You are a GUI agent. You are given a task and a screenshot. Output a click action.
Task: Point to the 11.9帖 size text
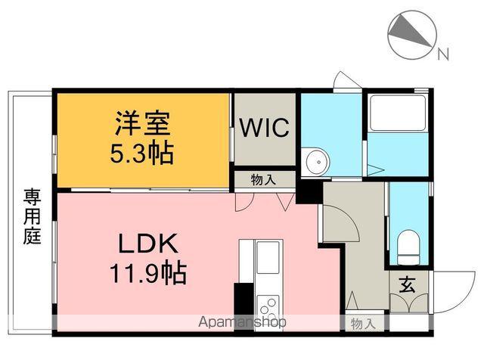[149, 272]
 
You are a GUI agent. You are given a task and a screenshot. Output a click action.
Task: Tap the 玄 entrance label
[408, 285]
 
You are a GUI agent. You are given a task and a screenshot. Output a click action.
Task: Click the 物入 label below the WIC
[263, 179]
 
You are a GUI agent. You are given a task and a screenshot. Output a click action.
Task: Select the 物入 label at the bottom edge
[362, 324]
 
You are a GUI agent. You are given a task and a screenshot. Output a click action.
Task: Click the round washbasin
[316, 160]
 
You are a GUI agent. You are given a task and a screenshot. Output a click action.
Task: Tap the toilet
[408, 244]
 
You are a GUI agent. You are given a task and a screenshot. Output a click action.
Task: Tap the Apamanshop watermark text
[242, 321]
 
